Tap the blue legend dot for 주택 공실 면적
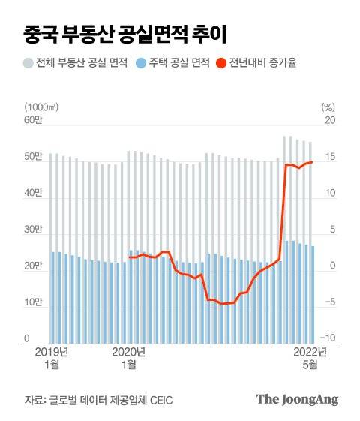click(x=142, y=63)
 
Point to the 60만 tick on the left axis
click(x=34, y=121)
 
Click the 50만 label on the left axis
click(x=34, y=158)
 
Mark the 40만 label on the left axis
click(x=34, y=194)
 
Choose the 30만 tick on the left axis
click(x=34, y=230)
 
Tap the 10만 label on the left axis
click(x=34, y=303)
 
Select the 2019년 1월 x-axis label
click(x=52, y=358)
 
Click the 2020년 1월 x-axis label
click(x=129, y=358)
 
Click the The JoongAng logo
click(x=297, y=399)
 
